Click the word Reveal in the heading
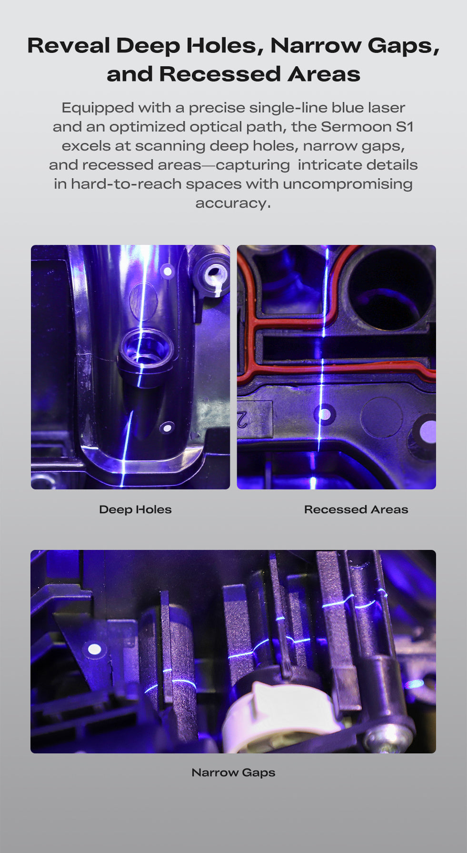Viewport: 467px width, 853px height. click(69, 46)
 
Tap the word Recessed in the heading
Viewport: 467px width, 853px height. click(220, 74)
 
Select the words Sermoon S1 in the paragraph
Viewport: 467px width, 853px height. click(367, 127)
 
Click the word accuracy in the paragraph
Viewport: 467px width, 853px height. click(233, 203)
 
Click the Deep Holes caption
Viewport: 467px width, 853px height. click(135, 509)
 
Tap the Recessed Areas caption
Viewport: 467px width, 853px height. click(356, 509)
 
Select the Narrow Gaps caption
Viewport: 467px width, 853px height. click(233, 772)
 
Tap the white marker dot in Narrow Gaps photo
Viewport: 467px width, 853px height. click(95, 649)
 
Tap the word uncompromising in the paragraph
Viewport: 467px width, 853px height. click(348, 184)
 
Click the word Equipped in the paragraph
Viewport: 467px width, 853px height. click(98, 108)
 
